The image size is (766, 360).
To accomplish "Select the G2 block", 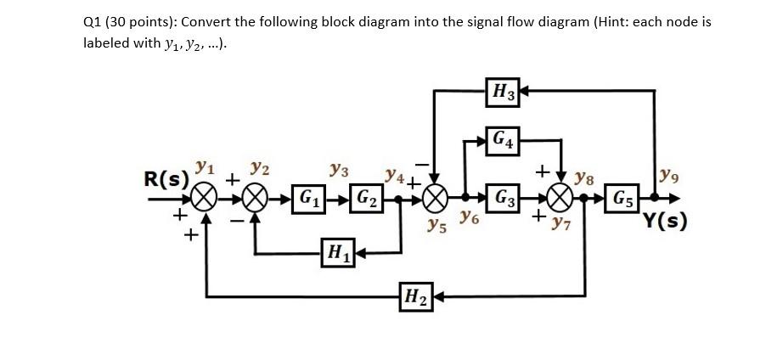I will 369,200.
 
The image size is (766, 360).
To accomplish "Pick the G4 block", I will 504,139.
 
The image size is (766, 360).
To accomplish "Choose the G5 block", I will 623,200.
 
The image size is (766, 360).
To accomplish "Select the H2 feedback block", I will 416,297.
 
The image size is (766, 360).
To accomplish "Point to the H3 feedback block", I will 504,90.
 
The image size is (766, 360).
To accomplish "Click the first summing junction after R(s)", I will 204,200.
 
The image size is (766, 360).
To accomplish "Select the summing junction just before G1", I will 256,200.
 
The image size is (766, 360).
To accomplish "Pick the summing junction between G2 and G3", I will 434,200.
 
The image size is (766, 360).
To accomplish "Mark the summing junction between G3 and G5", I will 560,200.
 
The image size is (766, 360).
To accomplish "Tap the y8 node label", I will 585,179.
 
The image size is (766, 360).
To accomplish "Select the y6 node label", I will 468,220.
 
